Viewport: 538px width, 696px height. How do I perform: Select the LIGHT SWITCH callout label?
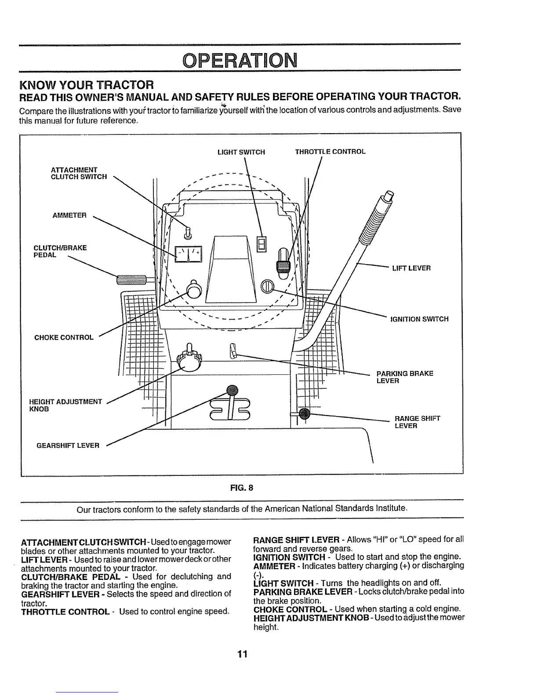(x=241, y=152)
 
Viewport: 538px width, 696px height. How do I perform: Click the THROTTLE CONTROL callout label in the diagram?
(x=330, y=152)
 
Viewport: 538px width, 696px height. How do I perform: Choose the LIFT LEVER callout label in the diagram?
(x=411, y=268)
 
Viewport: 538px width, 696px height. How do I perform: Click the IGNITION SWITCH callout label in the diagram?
(x=419, y=319)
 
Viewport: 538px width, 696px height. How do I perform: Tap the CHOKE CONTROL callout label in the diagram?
(x=64, y=337)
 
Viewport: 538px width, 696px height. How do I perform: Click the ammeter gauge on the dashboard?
(x=188, y=253)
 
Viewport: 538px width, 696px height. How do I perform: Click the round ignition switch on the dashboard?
(x=267, y=287)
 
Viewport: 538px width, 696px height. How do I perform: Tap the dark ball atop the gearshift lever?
(x=232, y=390)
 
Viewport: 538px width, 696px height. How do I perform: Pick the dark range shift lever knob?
(x=304, y=413)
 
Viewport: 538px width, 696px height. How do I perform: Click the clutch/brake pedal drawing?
(x=133, y=279)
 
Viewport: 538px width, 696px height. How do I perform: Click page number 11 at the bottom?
(x=242, y=654)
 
